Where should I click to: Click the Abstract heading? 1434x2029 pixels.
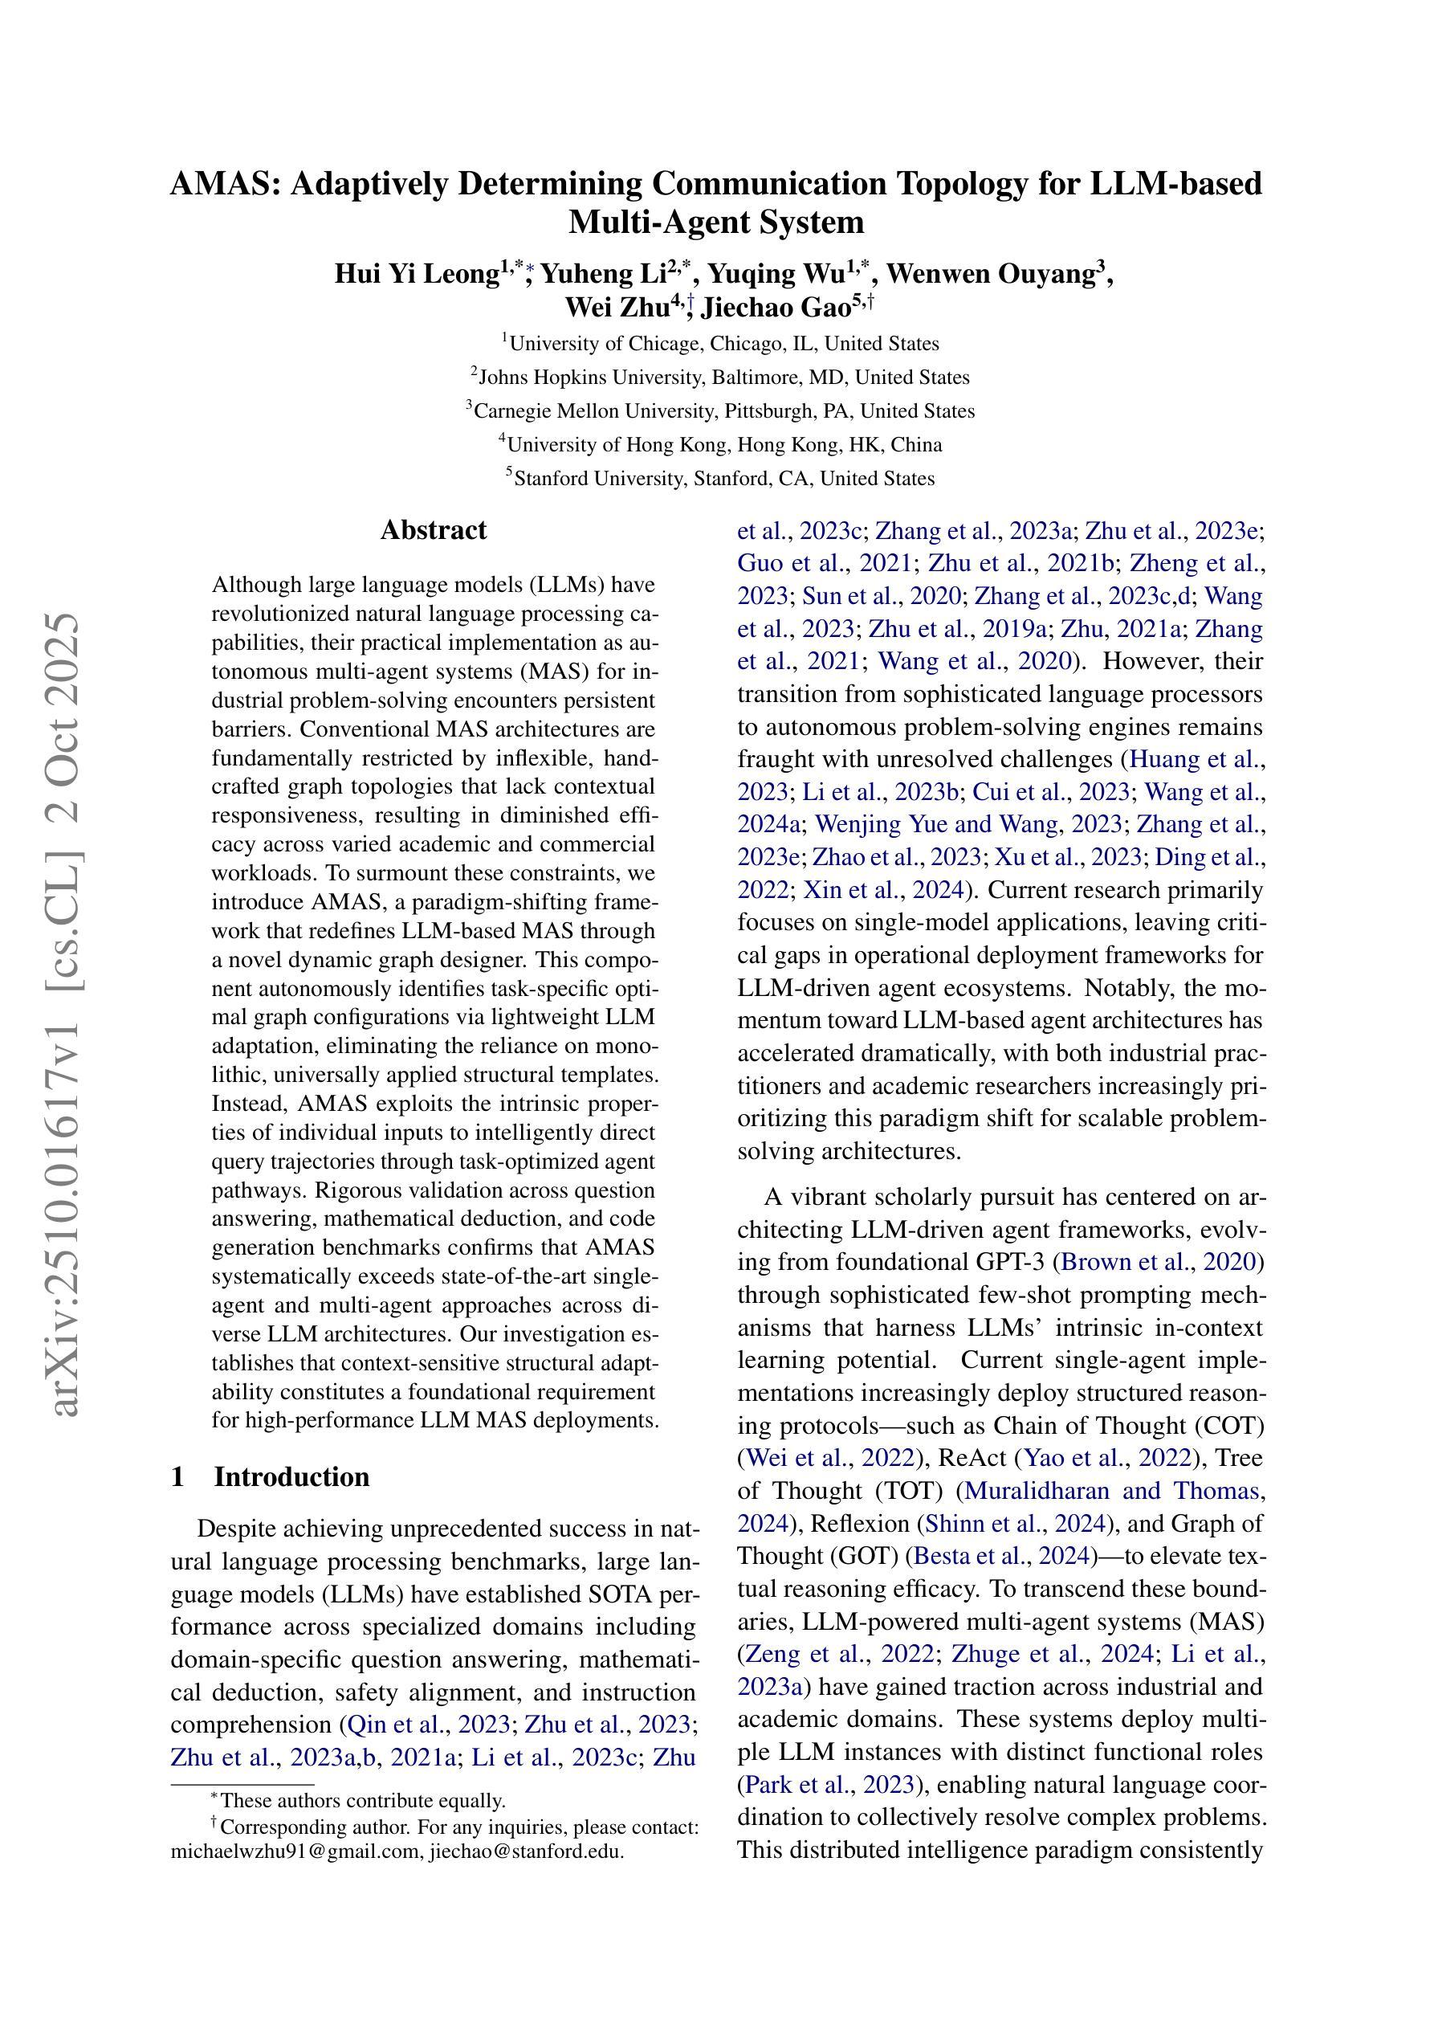433,530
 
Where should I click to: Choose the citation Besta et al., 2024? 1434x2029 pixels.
1003,1555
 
